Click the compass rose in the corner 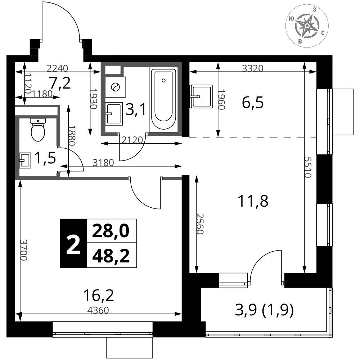[x=307, y=26]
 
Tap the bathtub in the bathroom [x=163, y=100]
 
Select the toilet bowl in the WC [x=38, y=130]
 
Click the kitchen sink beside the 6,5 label [x=201, y=96]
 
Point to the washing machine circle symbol [x=116, y=87]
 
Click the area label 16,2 [x=99, y=295]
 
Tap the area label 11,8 [x=253, y=201]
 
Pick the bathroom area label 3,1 [x=136, y=109]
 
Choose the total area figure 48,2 [x=111, y=256]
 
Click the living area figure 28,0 [x=111, y=231]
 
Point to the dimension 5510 [x=308, y=167]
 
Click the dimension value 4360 [x=98, y=310]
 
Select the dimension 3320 [x=253, y=68]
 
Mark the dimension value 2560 [x=200, y=224]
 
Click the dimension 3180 [x=103, y=163]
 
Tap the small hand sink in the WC [x=25, y=161]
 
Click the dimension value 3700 [x=24, y=250]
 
